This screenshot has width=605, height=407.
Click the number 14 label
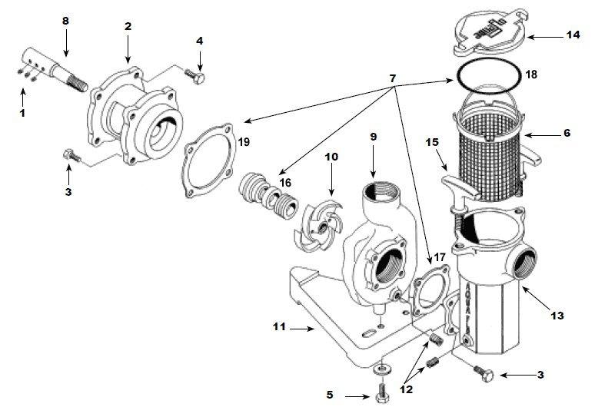coord(572,35)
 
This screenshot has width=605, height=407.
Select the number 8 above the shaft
coord(65,22)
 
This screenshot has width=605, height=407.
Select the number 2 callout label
coord(128,25)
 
